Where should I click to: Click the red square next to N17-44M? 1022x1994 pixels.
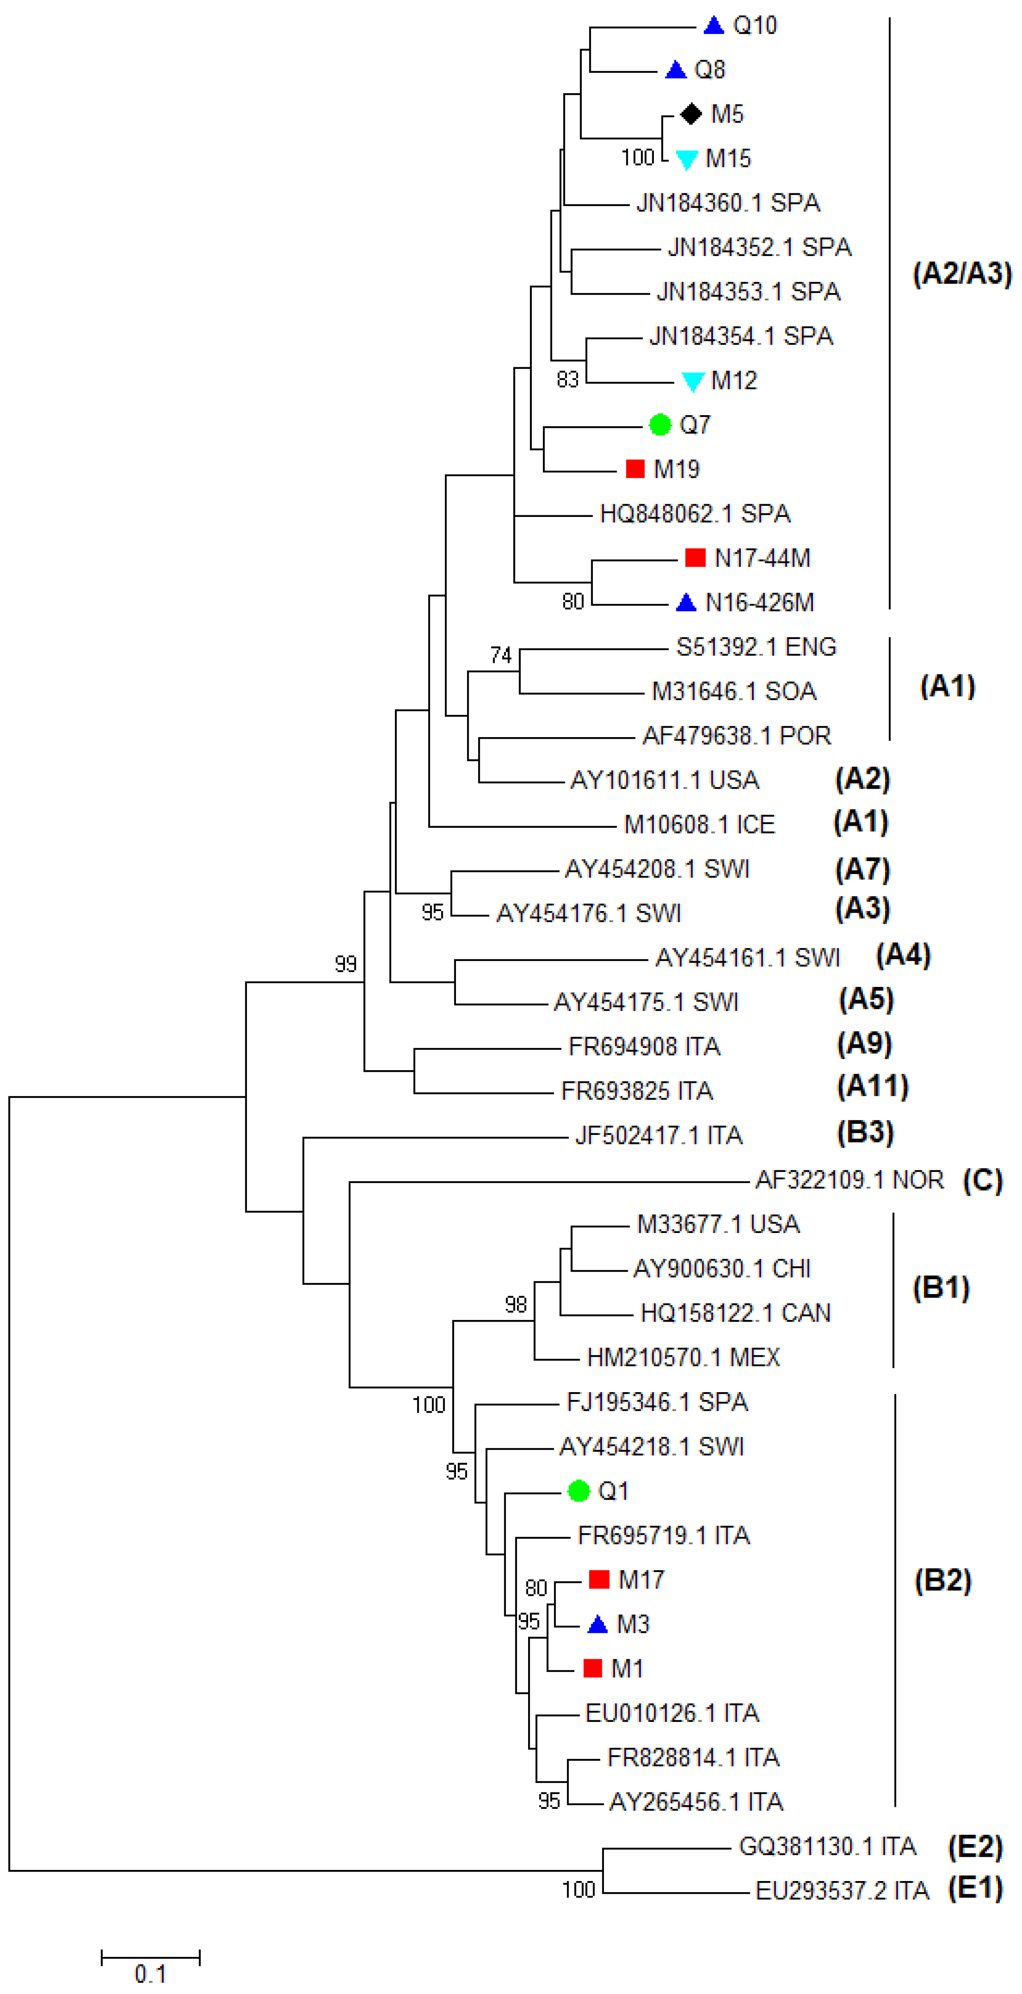(695, 557)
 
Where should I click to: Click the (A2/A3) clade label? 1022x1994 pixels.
(962, 274)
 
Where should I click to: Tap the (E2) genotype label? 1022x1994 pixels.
(975, 1847)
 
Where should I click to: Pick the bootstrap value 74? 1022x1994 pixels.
(501, 655)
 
